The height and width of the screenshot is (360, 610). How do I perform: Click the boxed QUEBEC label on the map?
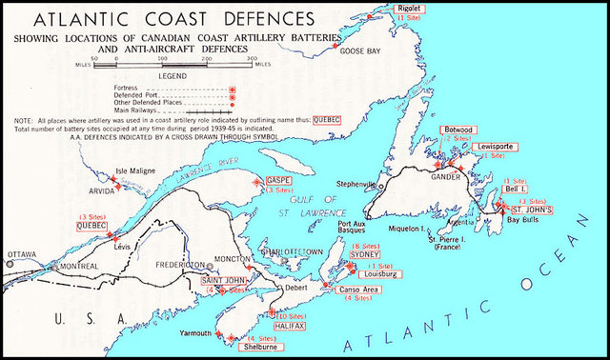[x=92, y=227]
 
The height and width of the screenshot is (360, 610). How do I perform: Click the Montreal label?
[x=78, y=267]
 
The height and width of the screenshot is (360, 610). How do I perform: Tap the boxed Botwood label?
[x=454, y=129]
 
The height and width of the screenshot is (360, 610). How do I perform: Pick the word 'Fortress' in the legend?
[x=125, y=86]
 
